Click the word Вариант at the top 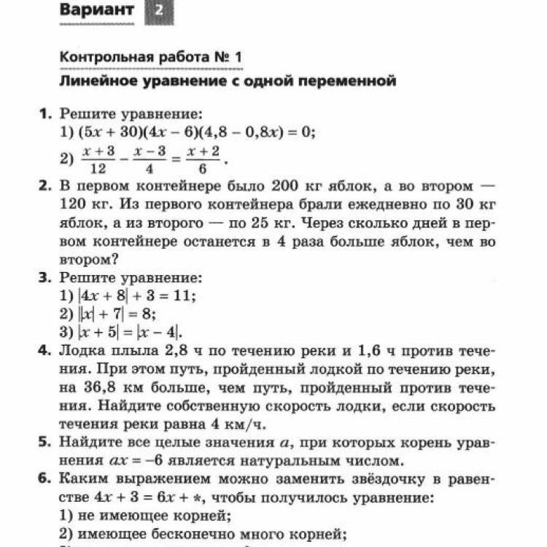point(97,10)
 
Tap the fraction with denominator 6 point(203,158)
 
